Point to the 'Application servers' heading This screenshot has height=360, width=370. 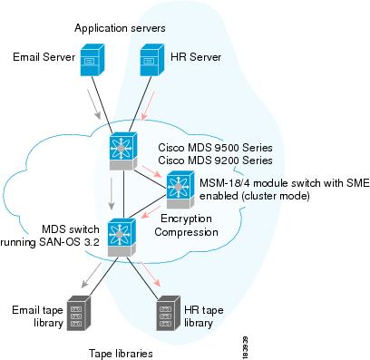pos(120,29)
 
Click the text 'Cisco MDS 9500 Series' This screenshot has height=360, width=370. pos(215,145)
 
